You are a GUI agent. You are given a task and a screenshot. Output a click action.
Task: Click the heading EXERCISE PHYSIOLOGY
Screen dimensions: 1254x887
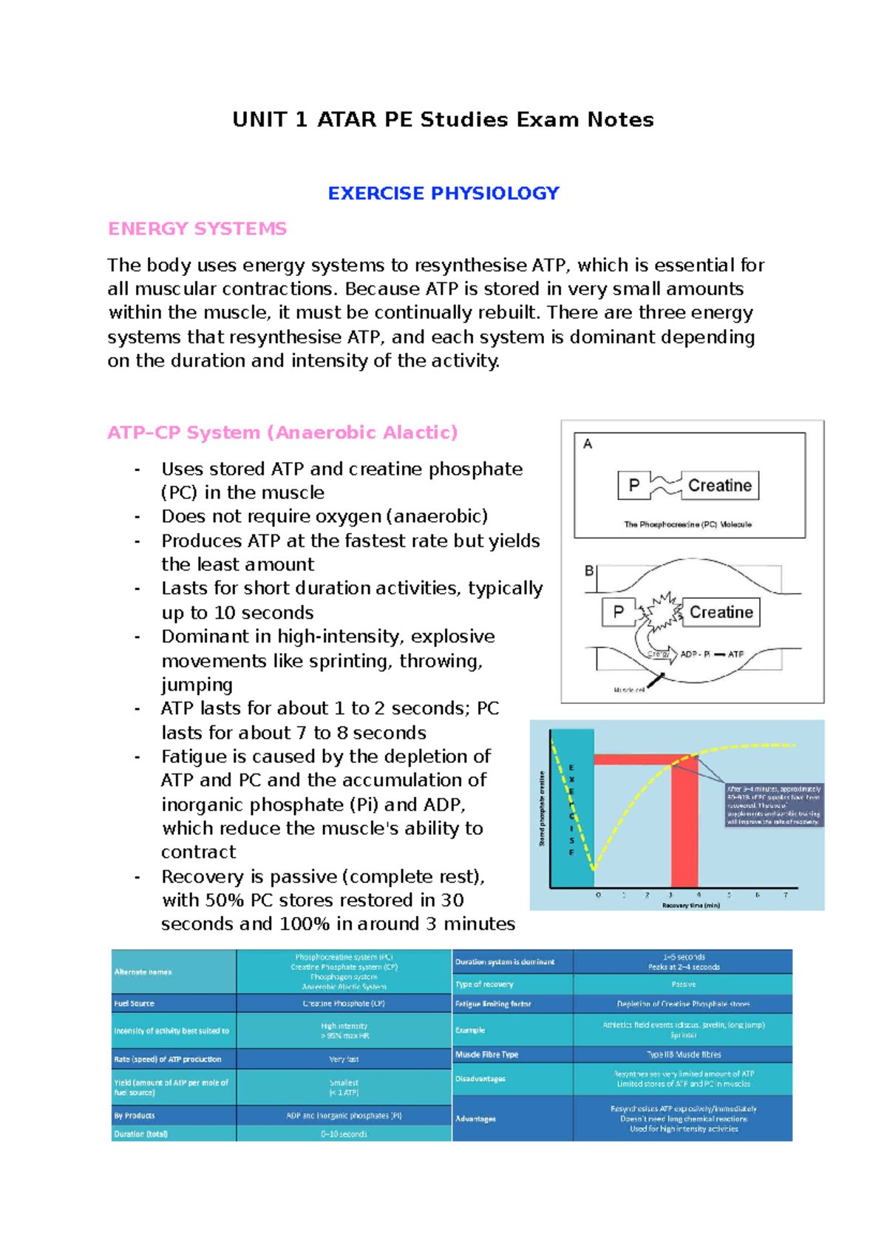(443, 194)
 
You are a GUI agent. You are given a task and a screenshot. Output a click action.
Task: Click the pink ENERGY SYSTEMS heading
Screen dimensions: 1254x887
(197, 229)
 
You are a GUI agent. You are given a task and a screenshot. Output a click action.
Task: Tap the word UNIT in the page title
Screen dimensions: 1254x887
(259, 120)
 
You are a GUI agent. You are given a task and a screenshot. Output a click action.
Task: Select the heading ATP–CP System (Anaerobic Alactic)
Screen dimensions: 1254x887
(282, 433)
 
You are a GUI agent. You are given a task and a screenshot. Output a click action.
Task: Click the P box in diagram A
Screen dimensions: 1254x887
(633, 486)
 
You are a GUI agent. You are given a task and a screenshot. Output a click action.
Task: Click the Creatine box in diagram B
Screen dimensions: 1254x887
(721, 612)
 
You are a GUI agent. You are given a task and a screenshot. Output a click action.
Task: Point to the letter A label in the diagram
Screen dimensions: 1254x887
(588, 444)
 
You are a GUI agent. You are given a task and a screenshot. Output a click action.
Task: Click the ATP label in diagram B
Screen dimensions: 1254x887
(735, 654)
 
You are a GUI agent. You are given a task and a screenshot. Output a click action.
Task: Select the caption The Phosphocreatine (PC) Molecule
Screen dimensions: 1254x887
(687, 524)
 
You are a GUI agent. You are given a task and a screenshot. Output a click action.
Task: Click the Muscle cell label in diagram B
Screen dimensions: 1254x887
(629, 690)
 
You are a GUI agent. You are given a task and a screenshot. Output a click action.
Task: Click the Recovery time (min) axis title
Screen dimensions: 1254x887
(690, 905)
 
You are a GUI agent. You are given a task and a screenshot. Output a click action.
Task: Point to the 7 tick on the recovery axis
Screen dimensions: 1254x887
(786, 895)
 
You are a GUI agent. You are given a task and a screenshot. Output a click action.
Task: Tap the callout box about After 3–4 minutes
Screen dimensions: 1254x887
(774, 805)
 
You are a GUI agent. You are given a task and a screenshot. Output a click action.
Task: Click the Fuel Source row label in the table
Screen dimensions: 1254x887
(135, 1003)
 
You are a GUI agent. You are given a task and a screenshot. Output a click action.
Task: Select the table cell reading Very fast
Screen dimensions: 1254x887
(344, 1059)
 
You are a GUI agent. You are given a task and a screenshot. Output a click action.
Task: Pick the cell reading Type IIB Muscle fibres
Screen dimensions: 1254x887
(684, 1054)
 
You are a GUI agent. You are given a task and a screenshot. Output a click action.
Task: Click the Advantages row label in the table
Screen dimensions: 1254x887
(475, 1119)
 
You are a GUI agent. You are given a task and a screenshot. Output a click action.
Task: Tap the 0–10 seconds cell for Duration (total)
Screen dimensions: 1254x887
(344, 1133)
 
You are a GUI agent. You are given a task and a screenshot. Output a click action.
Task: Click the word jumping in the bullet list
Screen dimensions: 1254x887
(197, 685)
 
